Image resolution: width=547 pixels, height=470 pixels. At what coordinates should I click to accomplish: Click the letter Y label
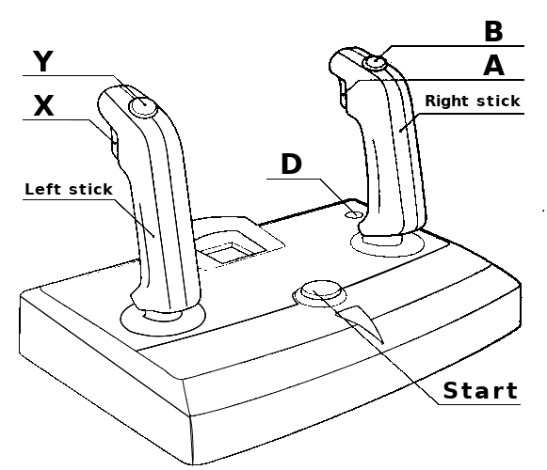43,61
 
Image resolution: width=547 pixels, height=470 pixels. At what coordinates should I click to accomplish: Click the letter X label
43,105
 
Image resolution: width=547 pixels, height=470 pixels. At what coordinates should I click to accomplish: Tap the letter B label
493,31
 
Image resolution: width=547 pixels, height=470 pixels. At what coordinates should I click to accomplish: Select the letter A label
493,66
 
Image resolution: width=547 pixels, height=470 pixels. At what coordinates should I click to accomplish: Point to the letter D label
291,164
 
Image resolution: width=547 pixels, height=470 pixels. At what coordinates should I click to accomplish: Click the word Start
480,390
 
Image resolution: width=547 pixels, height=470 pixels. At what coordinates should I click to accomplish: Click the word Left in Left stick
43,189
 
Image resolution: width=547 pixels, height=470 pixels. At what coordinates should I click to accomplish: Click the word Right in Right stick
448,101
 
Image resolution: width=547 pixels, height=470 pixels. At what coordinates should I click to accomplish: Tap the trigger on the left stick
114,143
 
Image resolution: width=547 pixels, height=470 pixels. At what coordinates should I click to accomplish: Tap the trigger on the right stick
344,93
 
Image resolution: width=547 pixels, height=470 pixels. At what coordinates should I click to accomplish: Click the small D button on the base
354,213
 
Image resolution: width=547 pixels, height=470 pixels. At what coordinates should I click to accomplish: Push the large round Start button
321,290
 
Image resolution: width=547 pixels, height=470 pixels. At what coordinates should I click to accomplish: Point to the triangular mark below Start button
362,320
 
